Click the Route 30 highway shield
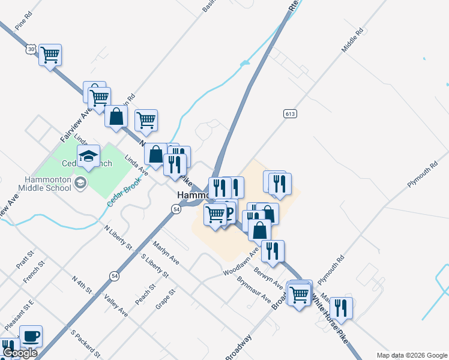[31, 49]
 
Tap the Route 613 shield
[291, 113]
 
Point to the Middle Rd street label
[352, 40]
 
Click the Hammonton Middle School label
[45, 184]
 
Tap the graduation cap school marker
[89, 156]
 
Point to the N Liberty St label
[118, 237]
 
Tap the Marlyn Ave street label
[166, 253]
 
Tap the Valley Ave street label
[116, 305]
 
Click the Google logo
[20, 353]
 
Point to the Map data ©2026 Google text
[411, 355]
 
